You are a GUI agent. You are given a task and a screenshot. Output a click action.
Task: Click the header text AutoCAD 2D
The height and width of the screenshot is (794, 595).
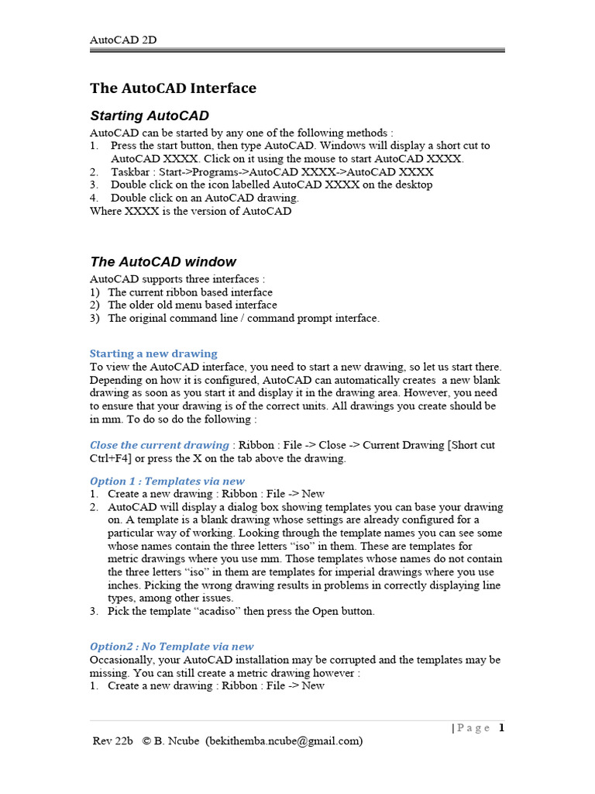[x=123, y=40]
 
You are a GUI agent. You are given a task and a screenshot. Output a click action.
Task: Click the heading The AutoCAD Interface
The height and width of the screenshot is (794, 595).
[x=173, y=88]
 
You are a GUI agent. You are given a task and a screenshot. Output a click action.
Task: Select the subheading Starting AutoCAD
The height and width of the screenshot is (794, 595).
[x=150, y=116]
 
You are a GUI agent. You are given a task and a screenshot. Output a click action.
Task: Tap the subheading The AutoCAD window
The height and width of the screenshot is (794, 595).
[x=163, y=261]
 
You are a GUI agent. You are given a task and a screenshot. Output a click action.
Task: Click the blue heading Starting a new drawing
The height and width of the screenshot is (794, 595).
[x=153, y=354]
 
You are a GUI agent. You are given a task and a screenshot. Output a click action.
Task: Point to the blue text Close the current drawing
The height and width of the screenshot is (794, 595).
[x=159, y=445]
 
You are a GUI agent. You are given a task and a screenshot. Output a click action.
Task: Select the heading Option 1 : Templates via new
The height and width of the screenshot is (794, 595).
[x=167, y=481]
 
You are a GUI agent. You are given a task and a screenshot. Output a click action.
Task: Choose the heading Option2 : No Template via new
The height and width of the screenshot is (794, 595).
[x=171, y=646]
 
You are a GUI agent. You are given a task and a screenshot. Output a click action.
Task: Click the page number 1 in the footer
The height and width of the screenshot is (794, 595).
[x=501, y=727]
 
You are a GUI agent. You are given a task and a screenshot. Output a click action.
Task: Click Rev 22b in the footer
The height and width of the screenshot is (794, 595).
[x=113, y=740]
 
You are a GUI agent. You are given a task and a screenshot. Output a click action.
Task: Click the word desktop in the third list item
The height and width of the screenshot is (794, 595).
[x=414, y=185]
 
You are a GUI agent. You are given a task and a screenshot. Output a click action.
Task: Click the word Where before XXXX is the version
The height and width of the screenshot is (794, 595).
[x=106, y=211]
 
